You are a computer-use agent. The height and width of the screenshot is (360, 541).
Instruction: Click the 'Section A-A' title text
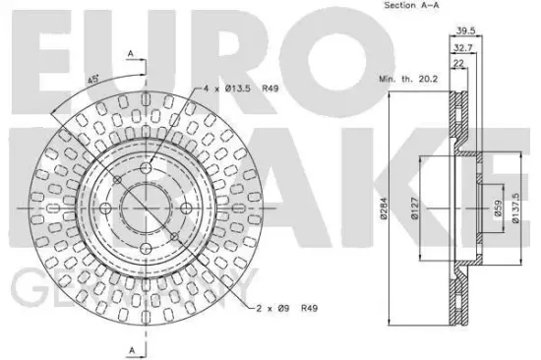pyautogui.click(x=403, y=8)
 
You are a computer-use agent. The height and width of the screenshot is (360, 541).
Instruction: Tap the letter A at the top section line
pyautogui.click(x=130, y=53)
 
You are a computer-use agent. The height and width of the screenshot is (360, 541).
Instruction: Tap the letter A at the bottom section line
pyautogui.click(x=130, y=350)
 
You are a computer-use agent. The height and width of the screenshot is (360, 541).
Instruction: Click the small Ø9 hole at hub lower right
pyautogui.click(x=172, y=235)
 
